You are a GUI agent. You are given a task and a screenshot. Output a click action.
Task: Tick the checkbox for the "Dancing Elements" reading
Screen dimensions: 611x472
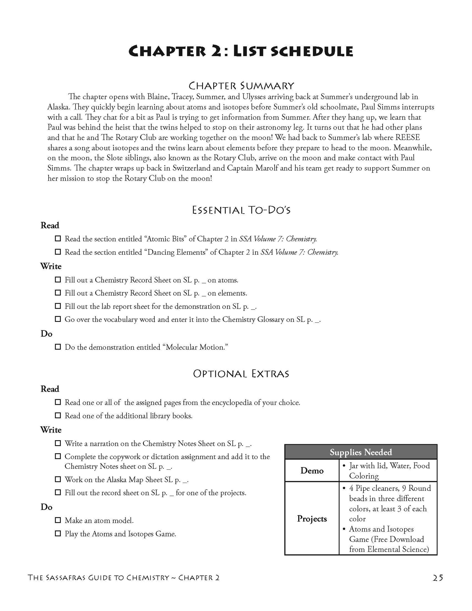[58, 252]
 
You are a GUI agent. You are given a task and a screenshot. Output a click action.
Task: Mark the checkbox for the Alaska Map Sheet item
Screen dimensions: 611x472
[58, 479]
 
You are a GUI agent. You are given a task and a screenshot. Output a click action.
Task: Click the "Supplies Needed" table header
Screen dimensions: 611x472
[360, 452]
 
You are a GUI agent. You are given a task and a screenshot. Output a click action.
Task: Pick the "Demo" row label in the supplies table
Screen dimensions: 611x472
[312, 471]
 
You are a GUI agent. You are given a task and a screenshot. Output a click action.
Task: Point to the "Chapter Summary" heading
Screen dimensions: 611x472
[241, 86]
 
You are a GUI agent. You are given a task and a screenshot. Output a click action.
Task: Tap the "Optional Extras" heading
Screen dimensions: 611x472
[241, 374]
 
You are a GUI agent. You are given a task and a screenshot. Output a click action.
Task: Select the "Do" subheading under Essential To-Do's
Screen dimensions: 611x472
[46, 334]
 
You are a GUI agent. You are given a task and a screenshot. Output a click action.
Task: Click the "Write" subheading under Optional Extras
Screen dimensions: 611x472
[51, 430]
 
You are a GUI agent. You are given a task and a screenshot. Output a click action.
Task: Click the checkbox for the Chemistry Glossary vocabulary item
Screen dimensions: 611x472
[58, 319]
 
